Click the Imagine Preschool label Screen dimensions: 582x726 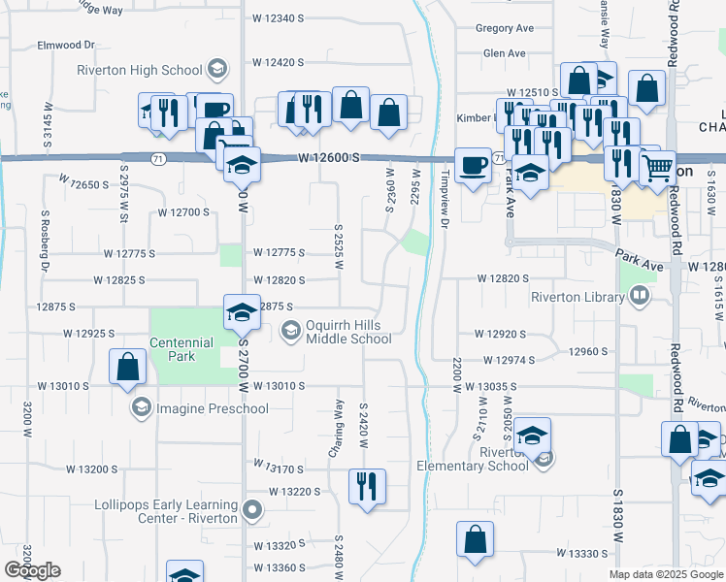(x=212, y=408)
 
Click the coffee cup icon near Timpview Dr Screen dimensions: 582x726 (x=473, y=164)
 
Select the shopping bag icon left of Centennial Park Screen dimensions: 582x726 (x=127, y=366)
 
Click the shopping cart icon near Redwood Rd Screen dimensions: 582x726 (x=657, y=168)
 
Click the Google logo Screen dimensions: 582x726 (x=32, y=570)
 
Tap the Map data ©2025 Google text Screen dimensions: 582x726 (x=666, y=574)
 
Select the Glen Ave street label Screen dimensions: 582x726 (x=504, y=53)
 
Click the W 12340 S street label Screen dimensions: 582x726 (x=278, y=18)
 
